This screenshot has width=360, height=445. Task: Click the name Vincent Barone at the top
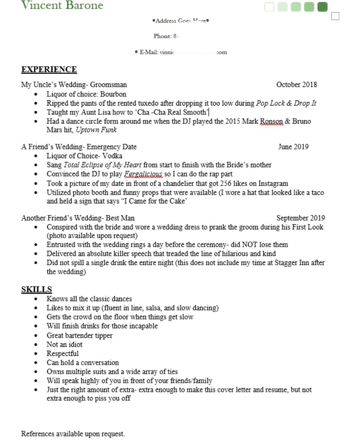[x=62, y=6]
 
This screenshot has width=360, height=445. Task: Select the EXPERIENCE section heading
[x=49, y=70]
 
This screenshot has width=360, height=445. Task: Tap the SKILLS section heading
[x=37, y=289]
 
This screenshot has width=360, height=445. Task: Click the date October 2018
[x=297, y=85]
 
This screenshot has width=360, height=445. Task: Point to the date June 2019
[x=293, y=147]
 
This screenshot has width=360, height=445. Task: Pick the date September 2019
[x=300, y=218]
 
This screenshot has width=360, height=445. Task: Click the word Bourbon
[x=113, y=94]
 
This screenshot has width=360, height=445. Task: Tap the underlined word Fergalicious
[x=143, y=174]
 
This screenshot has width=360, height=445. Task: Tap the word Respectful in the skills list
[x=63, y=353]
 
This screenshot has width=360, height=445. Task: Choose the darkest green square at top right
[x=322, y=7]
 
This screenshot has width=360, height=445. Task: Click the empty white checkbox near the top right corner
[x=335, y=17]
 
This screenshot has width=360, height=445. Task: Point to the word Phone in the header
[x=162, y=36]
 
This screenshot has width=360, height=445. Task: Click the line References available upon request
[x=73, y=434]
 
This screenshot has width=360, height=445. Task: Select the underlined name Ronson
[x=272, y=121]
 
